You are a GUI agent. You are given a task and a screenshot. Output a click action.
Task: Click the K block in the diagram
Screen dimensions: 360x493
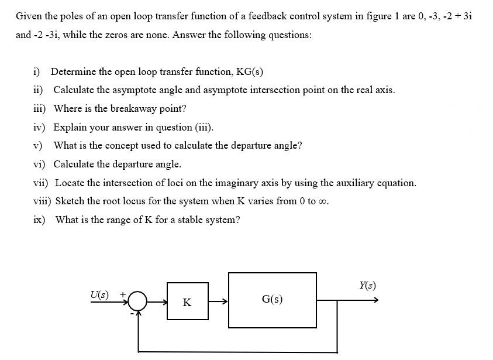click(187, 301)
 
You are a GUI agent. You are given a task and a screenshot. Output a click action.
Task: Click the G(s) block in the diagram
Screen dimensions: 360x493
click(272, 300)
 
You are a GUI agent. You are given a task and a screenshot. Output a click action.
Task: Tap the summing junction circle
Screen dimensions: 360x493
click(138, 301)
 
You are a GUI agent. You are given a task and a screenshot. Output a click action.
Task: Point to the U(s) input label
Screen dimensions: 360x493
click(99, 294)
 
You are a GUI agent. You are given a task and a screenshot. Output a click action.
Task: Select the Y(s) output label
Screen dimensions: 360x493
click(367, 286)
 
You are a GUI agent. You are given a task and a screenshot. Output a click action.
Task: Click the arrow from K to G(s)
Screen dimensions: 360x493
click(218, 301)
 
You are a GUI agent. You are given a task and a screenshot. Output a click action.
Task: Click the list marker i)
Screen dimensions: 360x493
click(37, 72)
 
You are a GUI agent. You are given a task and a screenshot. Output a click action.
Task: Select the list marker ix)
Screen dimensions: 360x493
click(39, 220)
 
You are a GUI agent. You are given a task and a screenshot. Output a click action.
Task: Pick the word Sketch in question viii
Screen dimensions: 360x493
click(69, 201)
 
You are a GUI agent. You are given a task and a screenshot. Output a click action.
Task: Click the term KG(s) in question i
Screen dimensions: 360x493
click(249, 72)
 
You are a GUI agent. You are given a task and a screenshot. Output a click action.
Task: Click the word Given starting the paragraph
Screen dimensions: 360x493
click(29, 16)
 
